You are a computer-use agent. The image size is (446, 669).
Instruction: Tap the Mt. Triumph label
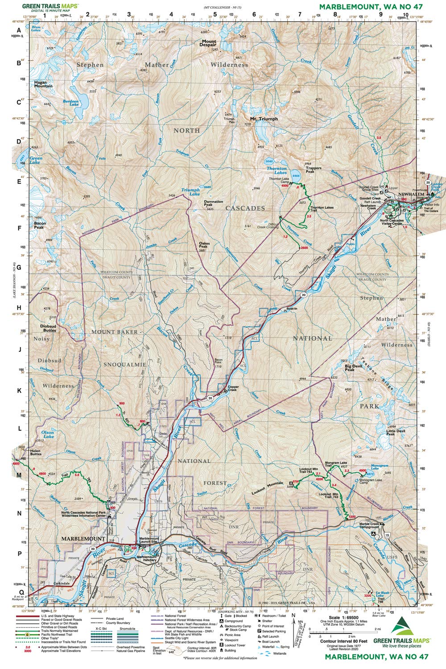coord(264,119)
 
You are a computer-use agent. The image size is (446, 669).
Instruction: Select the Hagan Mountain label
coord(43,84)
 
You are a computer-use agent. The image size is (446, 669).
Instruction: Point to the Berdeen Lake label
coord(70,103)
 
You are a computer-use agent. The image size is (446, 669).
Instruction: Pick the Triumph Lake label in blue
coord(190,192)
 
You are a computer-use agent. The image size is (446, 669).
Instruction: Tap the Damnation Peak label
coord(214,204)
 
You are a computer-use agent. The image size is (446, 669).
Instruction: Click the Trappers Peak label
coord(314,170)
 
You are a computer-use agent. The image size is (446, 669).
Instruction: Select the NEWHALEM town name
coord(410,195)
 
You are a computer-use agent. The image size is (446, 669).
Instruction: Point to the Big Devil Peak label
coord(356,368)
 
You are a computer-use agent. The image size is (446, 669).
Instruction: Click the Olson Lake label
coord(48,434)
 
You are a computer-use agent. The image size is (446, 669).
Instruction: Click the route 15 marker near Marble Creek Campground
coord(388,535)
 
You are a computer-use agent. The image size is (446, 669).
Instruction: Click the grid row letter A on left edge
coord(19,31)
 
